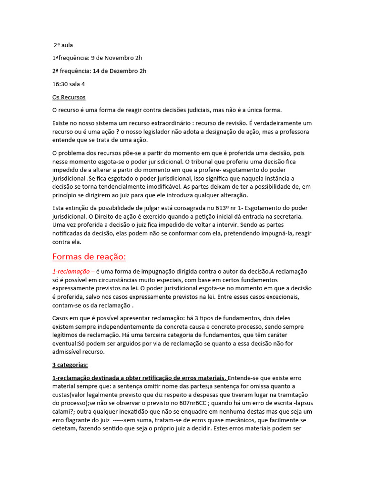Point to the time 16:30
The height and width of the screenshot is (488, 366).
[x=61, y=84]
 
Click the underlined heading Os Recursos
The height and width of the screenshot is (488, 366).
[x=69, y=97]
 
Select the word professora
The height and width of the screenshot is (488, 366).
[x=293, y=132]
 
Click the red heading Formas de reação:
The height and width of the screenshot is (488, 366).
[x=89, y=257]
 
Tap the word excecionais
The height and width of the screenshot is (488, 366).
[x=280, y=297]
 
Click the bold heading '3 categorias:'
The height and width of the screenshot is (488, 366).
[x=70, y=365]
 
